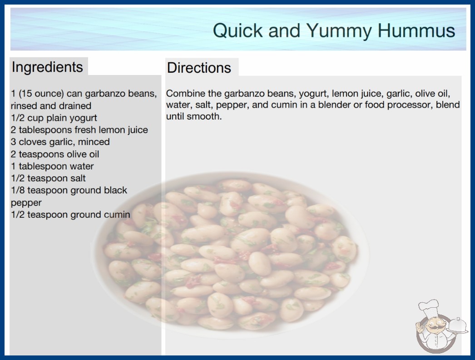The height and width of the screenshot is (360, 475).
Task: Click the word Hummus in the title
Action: coord(416,30)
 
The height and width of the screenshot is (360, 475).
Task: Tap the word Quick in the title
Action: coord(238,30)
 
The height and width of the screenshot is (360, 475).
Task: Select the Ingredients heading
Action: coord(47,67)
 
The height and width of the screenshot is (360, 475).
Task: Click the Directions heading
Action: coord(199,68)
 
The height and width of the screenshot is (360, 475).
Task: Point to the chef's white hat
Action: coord(429,307)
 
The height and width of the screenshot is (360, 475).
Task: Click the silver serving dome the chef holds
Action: coord(457,326)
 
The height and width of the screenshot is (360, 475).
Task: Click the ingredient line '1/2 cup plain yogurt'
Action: coord(54,118)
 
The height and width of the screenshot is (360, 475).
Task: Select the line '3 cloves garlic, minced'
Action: coord(60,142)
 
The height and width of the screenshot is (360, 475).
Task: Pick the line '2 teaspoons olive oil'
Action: coord(55,154)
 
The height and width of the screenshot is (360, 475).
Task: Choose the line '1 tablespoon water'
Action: coord(52,166)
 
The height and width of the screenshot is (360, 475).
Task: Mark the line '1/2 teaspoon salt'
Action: coord(48,178)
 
